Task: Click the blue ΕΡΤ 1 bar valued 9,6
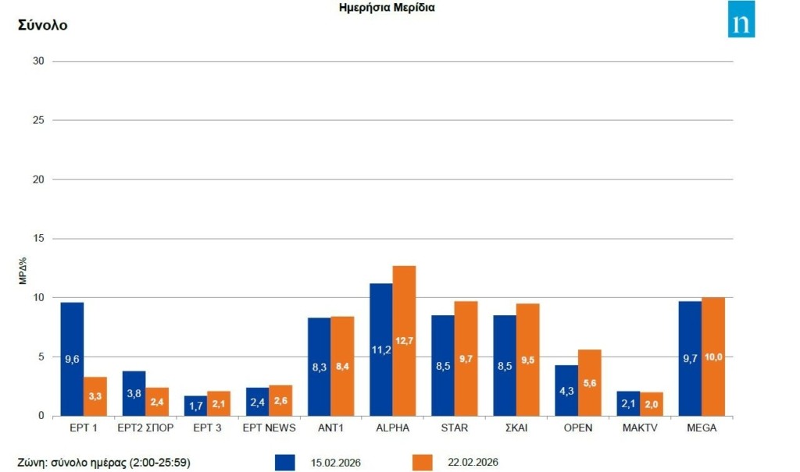click(x=72, y=359)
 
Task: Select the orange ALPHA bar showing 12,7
click(x=404, y=341)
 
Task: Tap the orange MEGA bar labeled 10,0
click(x=713, y=357)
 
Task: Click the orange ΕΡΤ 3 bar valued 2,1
click(x=219, y=403)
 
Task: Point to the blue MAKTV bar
click(x=629, y=403)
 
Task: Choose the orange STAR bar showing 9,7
click(x=466, y=358)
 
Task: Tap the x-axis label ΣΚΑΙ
click(x=516, y=428)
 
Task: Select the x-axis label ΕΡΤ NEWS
click(x=269, y=428)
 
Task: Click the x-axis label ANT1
click(x=330, y=428)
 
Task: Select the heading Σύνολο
click(x=42, y=25)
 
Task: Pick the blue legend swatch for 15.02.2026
click(x=285, y=462)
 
